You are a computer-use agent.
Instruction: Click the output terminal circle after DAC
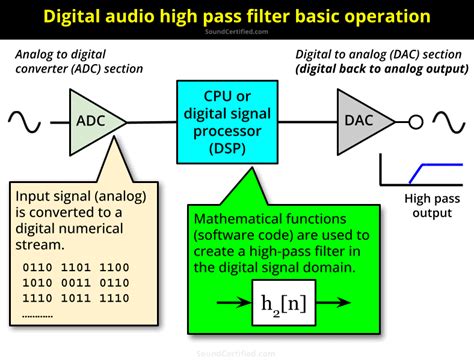pos(412,121)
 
